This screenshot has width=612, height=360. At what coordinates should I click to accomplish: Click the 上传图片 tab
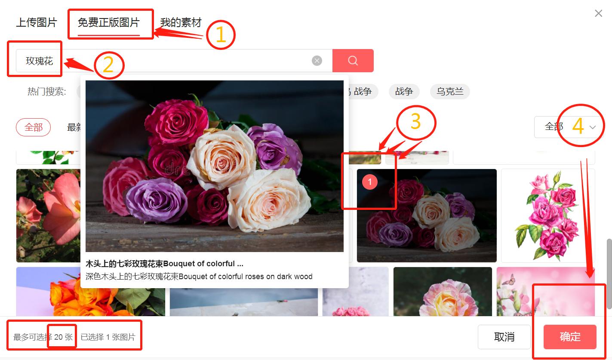(x=37, y=22)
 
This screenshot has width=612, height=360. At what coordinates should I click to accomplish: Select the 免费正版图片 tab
(x=109, y=22)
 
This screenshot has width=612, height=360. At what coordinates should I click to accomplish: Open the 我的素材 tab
(x=181, y=22)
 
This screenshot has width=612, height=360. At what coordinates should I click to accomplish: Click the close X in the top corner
(x=598, y=13)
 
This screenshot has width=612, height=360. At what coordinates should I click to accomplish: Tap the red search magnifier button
(x=353, y=61)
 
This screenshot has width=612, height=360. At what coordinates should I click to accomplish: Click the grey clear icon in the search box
(x=317, y=61)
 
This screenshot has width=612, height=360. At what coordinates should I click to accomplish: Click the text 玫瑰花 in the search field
(x=39, y=61)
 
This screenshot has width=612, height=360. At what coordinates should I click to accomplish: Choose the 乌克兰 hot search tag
(x=450, y=91)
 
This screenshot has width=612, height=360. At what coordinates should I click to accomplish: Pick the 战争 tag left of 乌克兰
(x=404, y=91)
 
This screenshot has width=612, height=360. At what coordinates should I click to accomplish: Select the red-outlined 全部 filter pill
(x=34, y=127)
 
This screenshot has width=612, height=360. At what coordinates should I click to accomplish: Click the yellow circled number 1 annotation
(x=221, y=35)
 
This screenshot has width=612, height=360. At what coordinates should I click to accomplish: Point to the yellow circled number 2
(x=109, y=65)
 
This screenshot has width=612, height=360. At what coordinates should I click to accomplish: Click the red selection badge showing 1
(x=370, y=182)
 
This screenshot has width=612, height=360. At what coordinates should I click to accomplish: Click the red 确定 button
(x=570, y=337)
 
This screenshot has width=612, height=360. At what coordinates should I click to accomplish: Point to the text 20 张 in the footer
(x=63, y=337)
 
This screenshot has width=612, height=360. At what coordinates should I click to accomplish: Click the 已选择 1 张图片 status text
(x=108, y=337)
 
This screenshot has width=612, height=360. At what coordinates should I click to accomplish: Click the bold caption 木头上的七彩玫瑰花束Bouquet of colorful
(x=164, y=264)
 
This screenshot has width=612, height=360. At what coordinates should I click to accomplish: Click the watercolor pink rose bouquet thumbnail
(x=548, y=215)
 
